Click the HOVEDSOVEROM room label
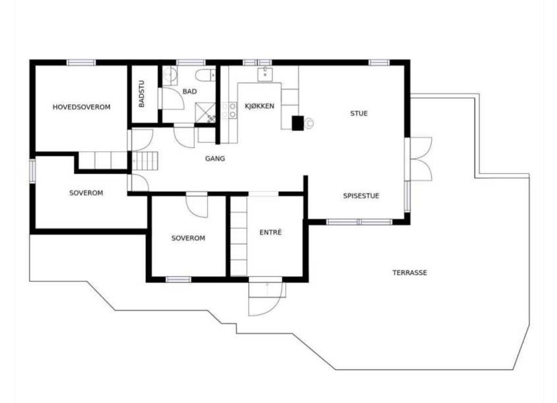[x=81, y=107]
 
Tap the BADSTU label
[x=142, y=94]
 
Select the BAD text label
[x=190, y=91]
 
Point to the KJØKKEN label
[x=259, y=106]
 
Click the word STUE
[x=358, y=113]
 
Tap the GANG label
[x=215, y=159]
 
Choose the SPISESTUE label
[x=361, y=196]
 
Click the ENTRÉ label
[x=271, y=232]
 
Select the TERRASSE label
[x=409, y=272]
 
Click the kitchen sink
[x=265, y=74]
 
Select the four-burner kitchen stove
[x=229, y=110]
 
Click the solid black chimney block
[x=298, y=123]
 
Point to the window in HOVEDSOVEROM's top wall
[x=81, y=62]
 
